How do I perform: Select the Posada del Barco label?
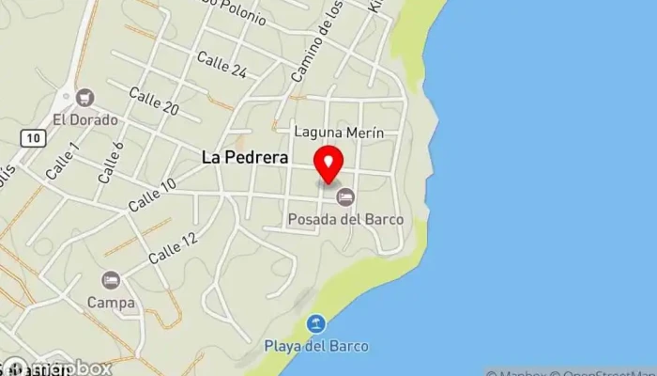(345, 219)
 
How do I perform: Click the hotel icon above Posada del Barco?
(345, 196)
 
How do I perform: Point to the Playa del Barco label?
(316, 343)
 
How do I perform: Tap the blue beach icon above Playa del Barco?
(317, 323)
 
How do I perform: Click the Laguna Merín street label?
(339, 133)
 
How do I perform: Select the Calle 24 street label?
(222, 65)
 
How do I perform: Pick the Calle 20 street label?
(154, 101)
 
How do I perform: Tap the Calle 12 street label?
(174, 246)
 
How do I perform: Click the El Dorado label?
(85, 119)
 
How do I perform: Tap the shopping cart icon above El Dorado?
(86, 98)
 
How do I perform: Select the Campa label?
(112, 303)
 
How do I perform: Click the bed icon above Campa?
(112, 280)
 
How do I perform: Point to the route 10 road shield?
(34, 137)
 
